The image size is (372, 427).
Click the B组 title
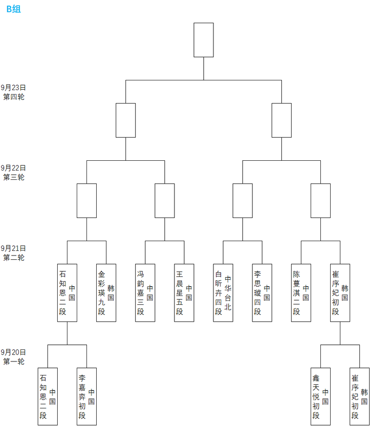tap(13, 9)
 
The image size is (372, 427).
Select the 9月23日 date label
tap(13, 87)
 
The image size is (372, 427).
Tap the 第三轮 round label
tap(13, 177)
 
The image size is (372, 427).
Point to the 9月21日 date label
tap(13, 249)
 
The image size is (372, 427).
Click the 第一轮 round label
tap(13, 361)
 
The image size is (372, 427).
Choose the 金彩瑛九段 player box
tap(106, 293)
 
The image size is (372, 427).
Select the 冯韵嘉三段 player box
tap(145, 293)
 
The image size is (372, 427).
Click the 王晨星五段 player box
tap(184, 293)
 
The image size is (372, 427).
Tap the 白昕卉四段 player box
tap(223, 293)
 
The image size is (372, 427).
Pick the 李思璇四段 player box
tap(262, 293)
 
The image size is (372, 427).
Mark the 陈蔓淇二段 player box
tap(301, 293)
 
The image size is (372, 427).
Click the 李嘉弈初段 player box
tap(86, 396)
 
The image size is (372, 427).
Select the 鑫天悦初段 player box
tap(321, 396)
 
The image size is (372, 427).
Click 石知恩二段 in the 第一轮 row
tap(47, 396)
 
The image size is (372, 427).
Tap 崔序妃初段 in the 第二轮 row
tap(340, 293)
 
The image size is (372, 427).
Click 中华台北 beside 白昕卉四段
tap(228, 293)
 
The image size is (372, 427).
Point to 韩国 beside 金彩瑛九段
tap(111, 293)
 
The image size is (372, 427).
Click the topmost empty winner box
tap(204, 40)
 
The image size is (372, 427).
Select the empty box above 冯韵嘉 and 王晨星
tap(165, 201)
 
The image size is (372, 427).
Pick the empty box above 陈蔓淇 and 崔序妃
tap(321, 201)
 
